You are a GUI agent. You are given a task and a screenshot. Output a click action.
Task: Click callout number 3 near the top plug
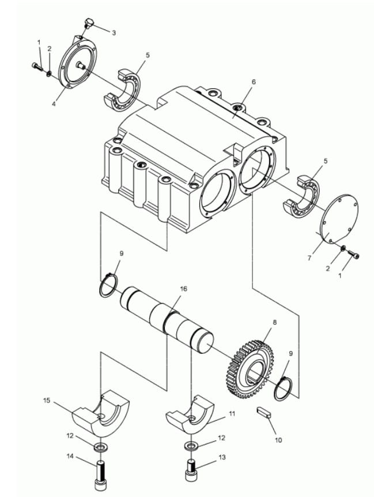[114, 33]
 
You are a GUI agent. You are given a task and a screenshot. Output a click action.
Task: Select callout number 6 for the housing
[254, 82]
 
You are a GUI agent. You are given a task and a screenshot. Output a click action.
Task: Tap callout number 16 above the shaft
[183, 289]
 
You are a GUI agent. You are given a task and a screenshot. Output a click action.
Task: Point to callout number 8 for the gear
[275, 322]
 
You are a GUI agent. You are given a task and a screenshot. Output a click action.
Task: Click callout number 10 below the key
[278, 440]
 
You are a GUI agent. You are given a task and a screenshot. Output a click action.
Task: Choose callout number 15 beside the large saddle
[47, 401]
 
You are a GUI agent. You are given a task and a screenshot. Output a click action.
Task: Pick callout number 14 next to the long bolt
[70, 456]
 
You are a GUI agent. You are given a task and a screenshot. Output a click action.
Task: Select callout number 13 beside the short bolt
[222, 457]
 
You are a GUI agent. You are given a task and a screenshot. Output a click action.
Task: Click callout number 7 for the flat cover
[309, 258]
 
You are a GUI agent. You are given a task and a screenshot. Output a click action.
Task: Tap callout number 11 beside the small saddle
[232, 414]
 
